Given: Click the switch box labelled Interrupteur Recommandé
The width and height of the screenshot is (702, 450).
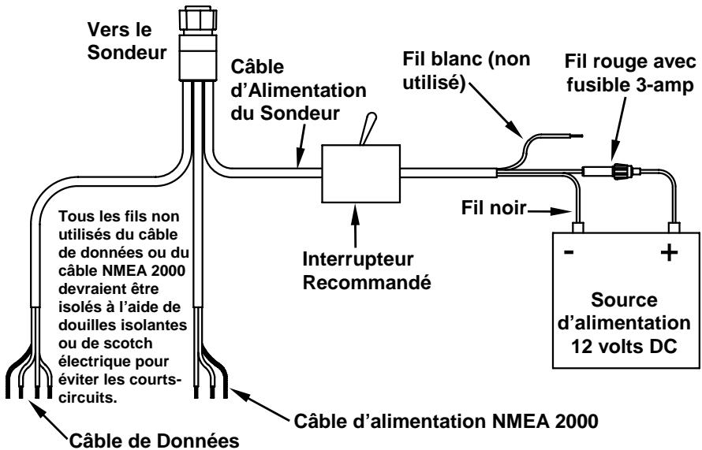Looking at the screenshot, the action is [x=360, y=173].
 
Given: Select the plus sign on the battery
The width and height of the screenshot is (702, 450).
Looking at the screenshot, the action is [x=670, y=253].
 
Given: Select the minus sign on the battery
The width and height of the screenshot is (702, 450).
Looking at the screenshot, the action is [x=569, y=253].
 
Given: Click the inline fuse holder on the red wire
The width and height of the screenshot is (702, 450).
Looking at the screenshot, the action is [x=611, y=171].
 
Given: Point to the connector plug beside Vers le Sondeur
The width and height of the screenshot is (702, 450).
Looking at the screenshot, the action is [x=197, y=43].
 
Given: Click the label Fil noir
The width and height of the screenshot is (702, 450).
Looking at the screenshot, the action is [x=494, y=208].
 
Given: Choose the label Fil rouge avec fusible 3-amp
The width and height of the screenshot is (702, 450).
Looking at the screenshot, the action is [x=630, y=73].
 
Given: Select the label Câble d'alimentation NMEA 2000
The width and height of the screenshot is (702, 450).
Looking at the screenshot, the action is [x=446, y=421].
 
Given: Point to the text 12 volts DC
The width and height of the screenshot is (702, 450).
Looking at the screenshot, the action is [x=624, y=347].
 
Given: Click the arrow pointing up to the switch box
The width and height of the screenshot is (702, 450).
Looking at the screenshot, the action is [x=356, y=226].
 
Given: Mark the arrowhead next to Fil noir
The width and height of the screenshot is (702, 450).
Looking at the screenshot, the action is [x=564, y=210].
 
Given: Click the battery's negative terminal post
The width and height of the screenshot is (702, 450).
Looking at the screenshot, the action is [x=577, y=227].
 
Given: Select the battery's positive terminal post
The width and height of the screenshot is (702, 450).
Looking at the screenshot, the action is [x=674, y=227].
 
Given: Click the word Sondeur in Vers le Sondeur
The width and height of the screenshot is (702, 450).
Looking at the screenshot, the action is [x=127, y=52].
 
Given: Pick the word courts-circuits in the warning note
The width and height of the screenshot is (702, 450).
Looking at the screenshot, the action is [x=120, y=389].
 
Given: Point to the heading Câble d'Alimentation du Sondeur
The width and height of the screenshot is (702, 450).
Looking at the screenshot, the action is [x=298, y=90].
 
